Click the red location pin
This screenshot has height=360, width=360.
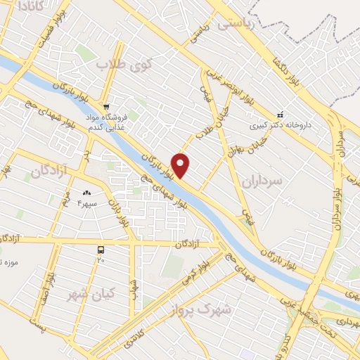coord(181,165)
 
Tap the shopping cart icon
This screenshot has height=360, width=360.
coord(106,107)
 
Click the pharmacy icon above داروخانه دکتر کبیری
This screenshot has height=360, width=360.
coord(280,115)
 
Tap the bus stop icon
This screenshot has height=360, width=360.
coord(101,249)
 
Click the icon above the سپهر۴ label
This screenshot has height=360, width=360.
coord(87,193)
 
